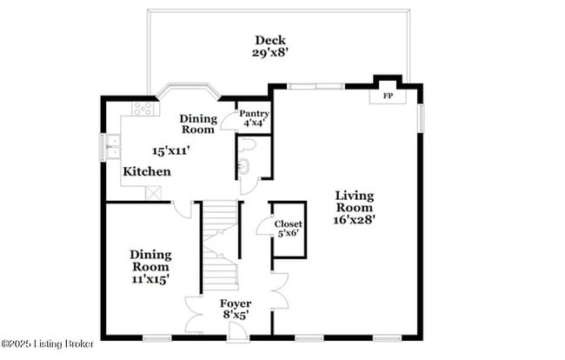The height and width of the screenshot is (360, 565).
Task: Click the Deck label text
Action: [270, 40]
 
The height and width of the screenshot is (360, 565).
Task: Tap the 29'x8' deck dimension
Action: [270, 52]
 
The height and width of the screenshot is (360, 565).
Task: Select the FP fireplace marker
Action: [388, 96]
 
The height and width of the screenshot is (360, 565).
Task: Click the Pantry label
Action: [254, 113]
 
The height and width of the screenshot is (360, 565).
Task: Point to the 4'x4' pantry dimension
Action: [254, 123]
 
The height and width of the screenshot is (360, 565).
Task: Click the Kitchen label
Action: [146, 172]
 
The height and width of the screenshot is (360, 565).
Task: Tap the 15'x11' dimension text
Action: [171, 150]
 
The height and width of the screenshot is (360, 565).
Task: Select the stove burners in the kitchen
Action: [143, 109]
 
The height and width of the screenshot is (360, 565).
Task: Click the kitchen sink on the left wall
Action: [113, 148]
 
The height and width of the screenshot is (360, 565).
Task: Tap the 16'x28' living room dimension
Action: [355, 220]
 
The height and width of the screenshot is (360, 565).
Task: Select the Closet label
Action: [289, 223]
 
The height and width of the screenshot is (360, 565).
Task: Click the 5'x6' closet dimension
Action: [289, 234]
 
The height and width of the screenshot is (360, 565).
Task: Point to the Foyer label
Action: [235, 304]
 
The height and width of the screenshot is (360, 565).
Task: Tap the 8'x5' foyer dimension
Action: [235, 316]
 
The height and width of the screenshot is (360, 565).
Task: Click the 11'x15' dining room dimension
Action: [150, 280]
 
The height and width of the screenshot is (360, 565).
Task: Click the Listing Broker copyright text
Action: [48, 343]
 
